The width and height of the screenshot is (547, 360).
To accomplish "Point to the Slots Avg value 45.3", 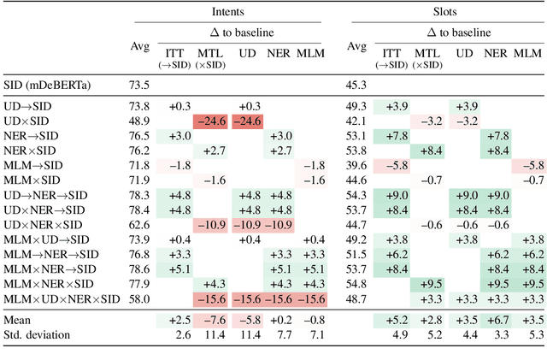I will [x=356, y=84].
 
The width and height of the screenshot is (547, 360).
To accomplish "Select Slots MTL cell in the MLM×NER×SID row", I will [x=427, y=283].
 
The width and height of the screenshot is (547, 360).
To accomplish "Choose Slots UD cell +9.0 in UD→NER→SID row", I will [x=464, y=195].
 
